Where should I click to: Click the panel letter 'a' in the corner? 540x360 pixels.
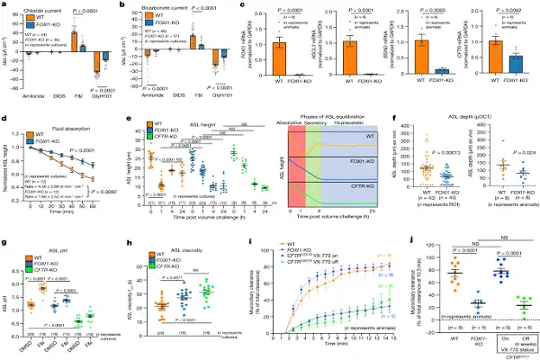4,4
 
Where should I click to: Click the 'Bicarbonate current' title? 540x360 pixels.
166,4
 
